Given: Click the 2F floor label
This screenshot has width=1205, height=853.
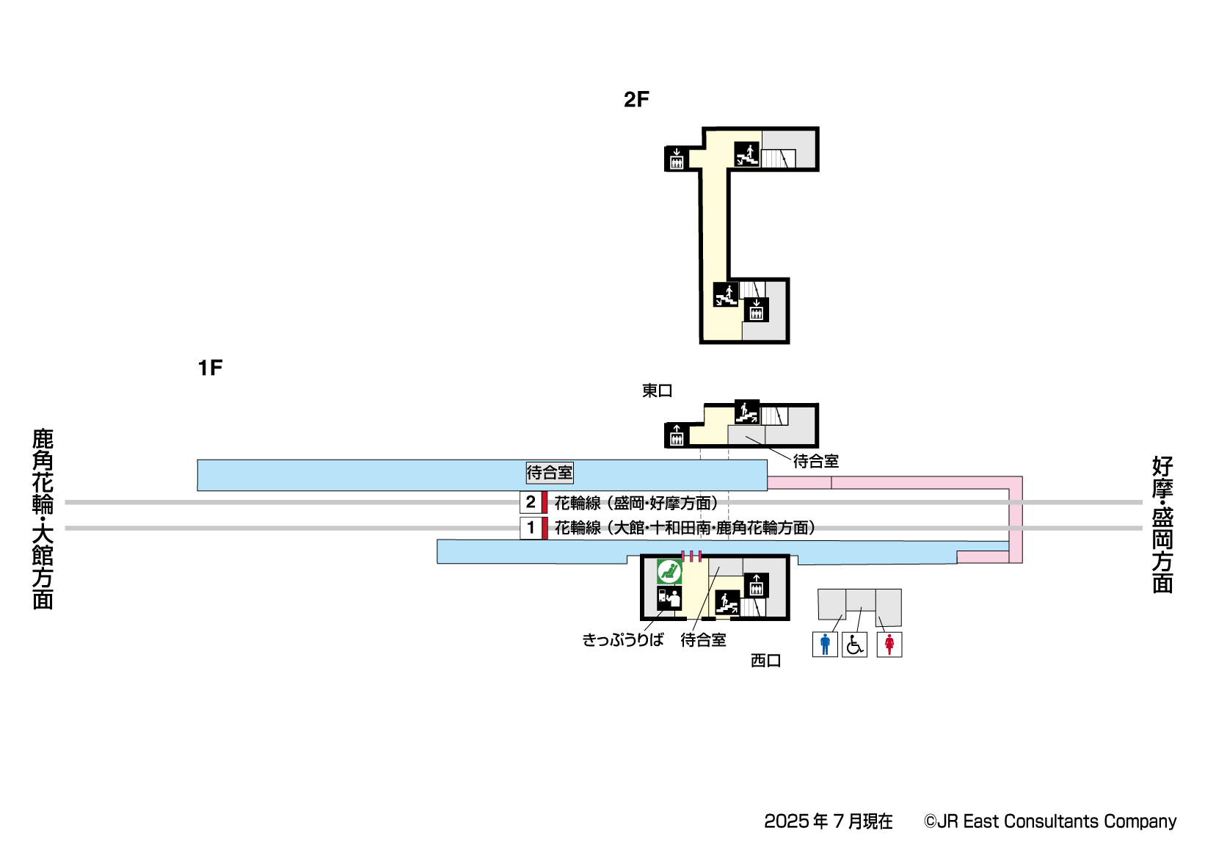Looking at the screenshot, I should pyautogui.click(x=636, y=100).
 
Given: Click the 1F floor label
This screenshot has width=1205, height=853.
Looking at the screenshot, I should pyautogui.click(x=210, y=368).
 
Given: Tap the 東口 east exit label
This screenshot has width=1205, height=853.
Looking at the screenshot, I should pyautogui.click(x=657, y=391).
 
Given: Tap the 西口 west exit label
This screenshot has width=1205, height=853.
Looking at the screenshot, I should pyautogui.click(x=765, y=661).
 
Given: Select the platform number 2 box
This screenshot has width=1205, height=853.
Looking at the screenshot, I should pyautogui.click(x=531, y=503).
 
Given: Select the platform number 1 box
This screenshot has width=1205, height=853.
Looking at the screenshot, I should pyautogui.click(x=531, y=528).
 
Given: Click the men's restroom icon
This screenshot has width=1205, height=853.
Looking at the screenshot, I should pyautogui.click(x=825, y=645).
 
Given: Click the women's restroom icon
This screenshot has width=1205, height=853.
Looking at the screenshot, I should pyautogui.click(x=889, y=645).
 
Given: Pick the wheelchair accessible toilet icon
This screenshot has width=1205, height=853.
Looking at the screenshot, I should pyautogui.click(x=854, y=645).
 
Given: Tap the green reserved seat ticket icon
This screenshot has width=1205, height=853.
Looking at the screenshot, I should pyautogui.click(x=669, y=571).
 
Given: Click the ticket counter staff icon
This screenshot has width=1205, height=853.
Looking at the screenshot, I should pyautogui.click(x=669, y=598).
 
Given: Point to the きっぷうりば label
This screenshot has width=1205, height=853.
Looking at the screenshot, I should pyautogui.click(x=622, y=640).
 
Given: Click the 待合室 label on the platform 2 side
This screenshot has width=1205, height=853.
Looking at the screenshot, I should pyautogui.click(x=549, y=473).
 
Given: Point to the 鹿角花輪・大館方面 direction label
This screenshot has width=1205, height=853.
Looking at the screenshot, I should pyautogui.click(x=43, y=519).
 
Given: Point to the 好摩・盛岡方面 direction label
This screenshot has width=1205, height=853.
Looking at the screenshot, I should pyautogui.click(x=1162, y=524).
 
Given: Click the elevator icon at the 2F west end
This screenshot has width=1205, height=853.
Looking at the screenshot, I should pyautogui.click(x=676, y=159).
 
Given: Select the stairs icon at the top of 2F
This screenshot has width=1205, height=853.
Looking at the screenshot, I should pyautogui.click(x=746, y=154).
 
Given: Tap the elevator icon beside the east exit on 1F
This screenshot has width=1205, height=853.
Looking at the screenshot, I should pyautogui.click(x=676, y=435).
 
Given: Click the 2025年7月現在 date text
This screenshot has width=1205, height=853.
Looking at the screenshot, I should pyautogui.click(x=828, y=821).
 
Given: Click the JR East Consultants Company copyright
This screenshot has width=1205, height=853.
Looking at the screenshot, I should pyautogui.click(x=1049, y=821).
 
